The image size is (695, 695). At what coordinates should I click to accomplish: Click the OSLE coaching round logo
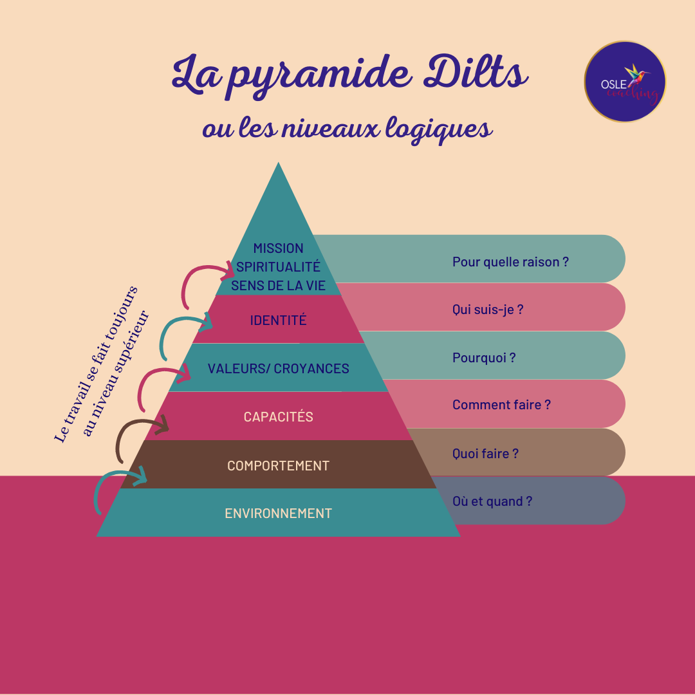coord(625,82)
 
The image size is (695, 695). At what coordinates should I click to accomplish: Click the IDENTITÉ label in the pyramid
coord(278,320)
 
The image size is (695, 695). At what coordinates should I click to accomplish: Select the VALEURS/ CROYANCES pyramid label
coord(278,369)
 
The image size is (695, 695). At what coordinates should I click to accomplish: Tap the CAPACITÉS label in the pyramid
coord(278,417)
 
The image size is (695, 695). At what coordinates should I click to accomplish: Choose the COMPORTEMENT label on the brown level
coord(278,465)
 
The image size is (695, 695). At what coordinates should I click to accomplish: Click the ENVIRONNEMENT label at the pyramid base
coord(278,514)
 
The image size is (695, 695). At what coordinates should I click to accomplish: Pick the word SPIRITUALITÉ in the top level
coord(278,267)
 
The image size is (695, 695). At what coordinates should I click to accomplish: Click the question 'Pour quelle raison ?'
coord(510,262)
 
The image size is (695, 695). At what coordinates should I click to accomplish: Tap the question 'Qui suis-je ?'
coord(488,310)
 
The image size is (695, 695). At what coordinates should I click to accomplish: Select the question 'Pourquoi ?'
coord(484,358)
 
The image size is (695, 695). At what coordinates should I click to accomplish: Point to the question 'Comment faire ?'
coord(501,405)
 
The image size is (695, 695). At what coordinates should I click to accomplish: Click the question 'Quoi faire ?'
coord(485,454)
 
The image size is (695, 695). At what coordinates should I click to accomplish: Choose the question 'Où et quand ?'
coord(492,501)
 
